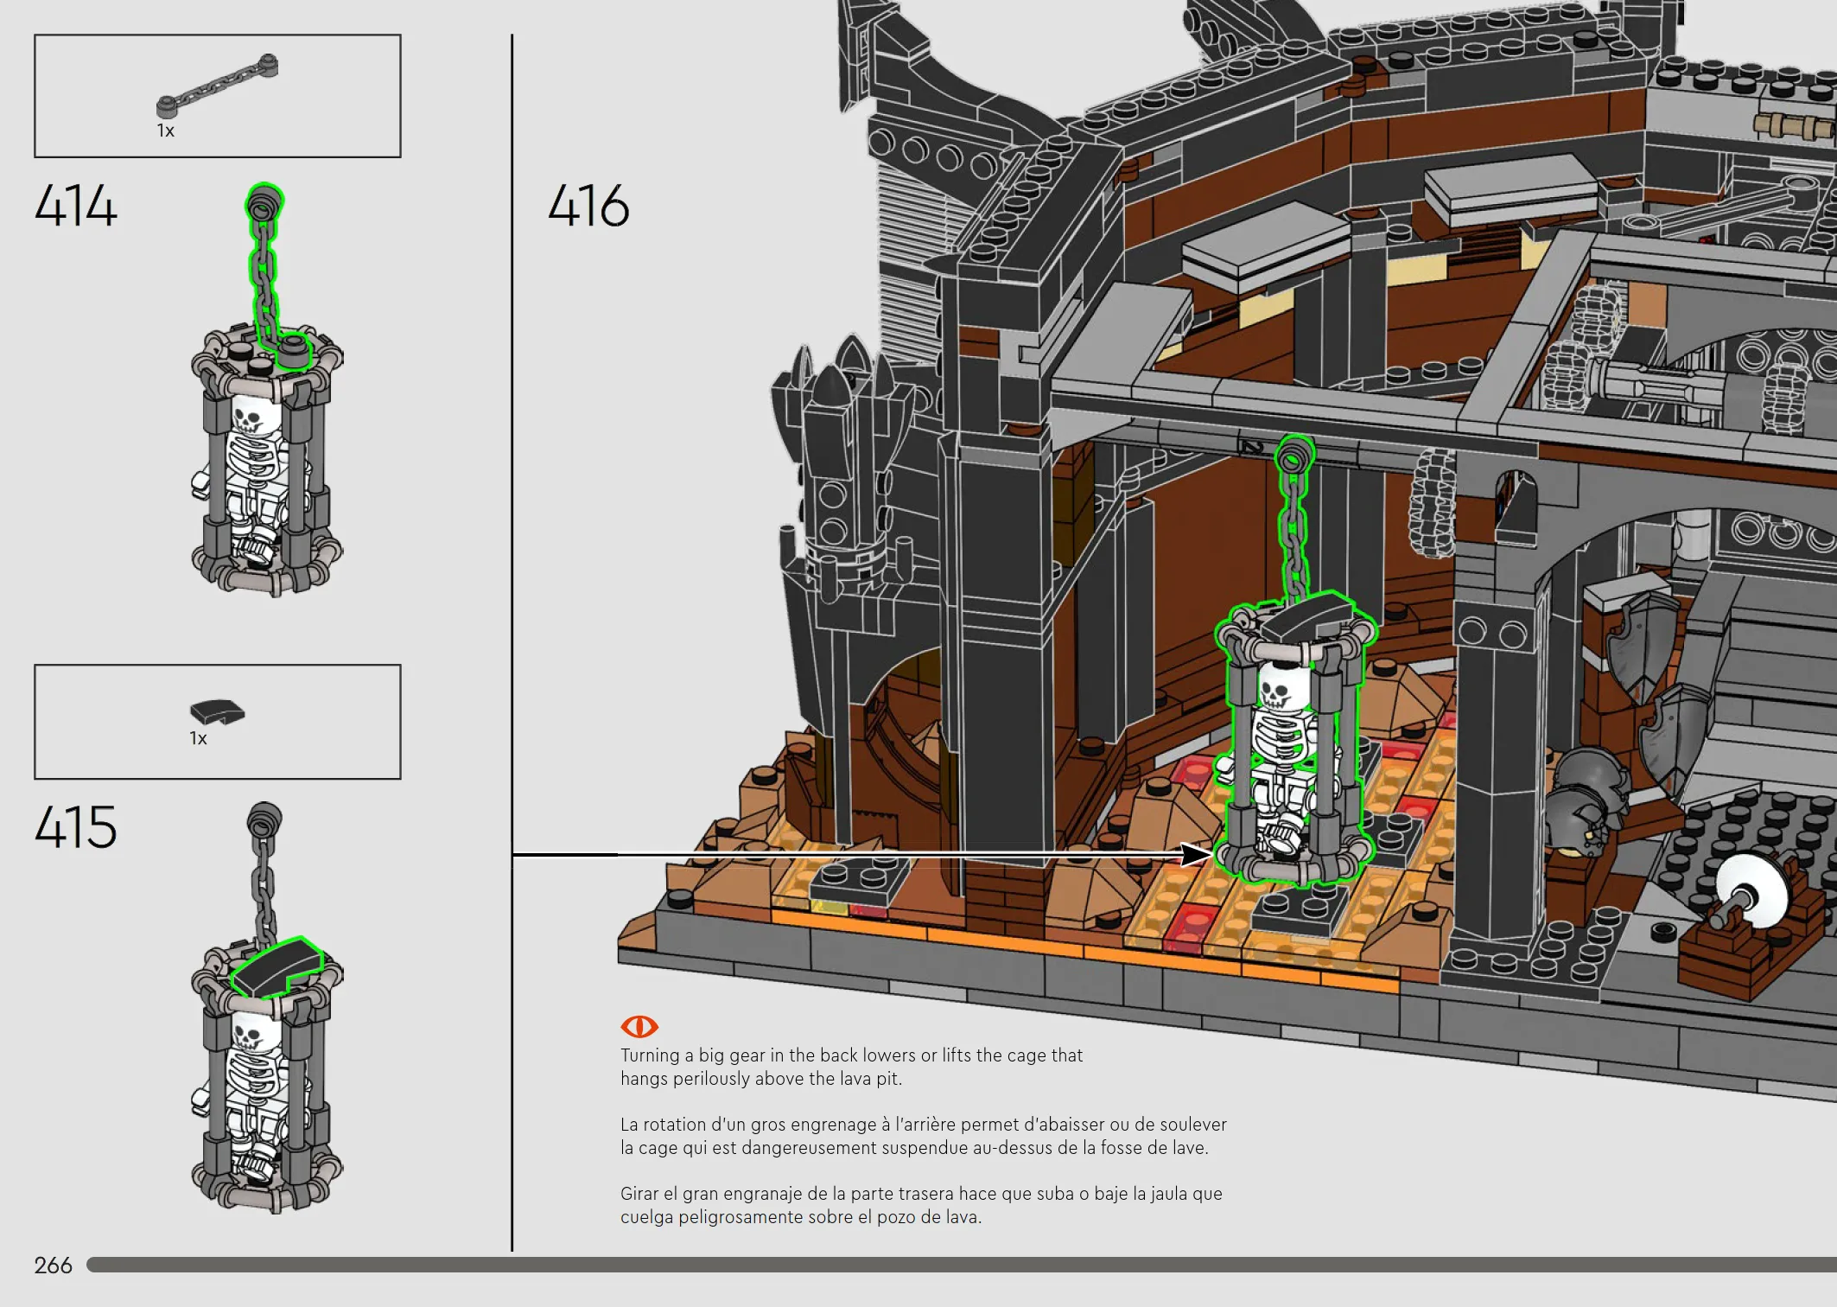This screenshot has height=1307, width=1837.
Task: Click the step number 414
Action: point(76,206)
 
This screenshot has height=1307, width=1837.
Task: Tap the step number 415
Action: point(76,826)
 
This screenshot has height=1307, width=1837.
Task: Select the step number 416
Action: point(588,206)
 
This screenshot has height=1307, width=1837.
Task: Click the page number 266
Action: point(53,1266)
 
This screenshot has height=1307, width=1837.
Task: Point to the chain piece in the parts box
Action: point(217,86)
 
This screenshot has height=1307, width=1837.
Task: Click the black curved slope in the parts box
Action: point(217,711)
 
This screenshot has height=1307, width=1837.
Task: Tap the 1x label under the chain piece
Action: point(165,131)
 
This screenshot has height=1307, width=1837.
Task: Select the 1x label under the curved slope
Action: point(198,738)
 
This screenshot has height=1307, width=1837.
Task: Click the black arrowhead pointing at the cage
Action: point(1198,854)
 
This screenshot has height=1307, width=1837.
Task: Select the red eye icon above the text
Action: point(639,1026)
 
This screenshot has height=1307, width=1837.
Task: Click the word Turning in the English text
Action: point(650,1055)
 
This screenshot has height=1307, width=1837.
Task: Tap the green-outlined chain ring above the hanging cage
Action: point(1294,454)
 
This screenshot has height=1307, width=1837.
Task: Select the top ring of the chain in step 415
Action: point(264,817)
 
